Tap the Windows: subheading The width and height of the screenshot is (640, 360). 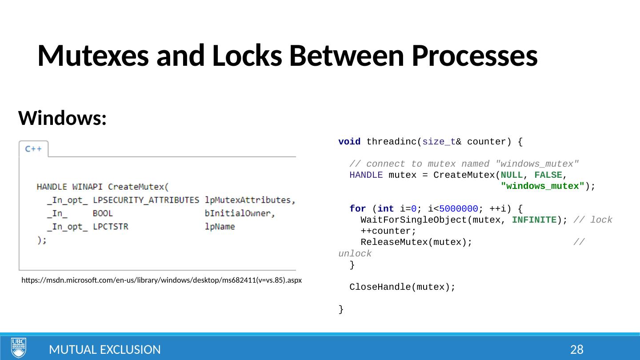point(62,118)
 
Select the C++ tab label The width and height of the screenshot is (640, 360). point(33,149)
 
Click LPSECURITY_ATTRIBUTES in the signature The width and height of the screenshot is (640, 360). point(146,200)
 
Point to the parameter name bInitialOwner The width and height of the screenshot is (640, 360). point(240,213)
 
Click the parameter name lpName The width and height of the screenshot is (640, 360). point(220,227)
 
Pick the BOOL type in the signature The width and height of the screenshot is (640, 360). point(103,213)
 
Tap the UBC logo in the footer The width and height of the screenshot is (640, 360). point(19,348)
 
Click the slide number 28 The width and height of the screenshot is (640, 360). point(576,350)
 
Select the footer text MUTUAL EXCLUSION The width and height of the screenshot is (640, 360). point(105,350)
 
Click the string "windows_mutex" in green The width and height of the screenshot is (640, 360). point(542,186)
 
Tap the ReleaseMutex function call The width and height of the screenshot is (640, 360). point(393,242)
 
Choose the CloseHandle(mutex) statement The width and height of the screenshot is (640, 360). point(402,287)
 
